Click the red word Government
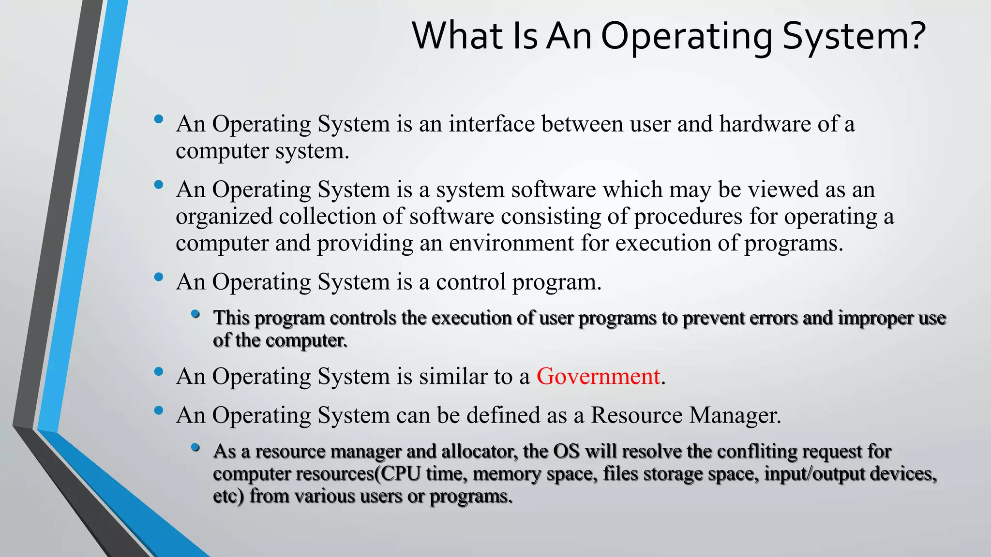point(598,376)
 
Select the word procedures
point(688,216)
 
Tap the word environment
point(511,243)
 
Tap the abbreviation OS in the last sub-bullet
point(566,451)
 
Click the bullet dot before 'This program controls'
point(195,315)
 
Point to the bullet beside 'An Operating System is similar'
point(158,372)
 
